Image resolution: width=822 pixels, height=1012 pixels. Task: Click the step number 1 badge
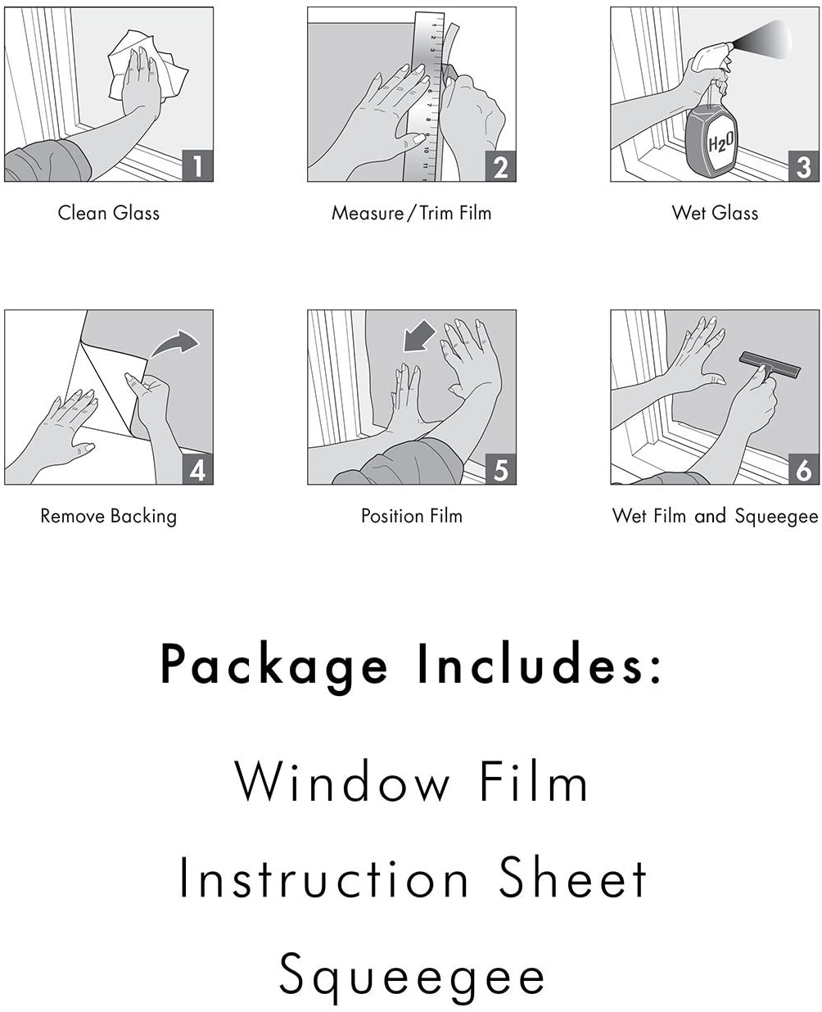tap(197, 166)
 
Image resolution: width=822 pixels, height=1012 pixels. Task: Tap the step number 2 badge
tap(500, 166)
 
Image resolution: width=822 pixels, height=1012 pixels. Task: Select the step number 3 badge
tap(803, 166)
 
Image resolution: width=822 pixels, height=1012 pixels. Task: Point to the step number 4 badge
tap(197, 469)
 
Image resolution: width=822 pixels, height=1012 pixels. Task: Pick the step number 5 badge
tap(500, 469)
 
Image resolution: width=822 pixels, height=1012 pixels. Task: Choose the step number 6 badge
tap(803, 469)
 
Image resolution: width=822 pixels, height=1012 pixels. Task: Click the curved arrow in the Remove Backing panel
tap(174, 343)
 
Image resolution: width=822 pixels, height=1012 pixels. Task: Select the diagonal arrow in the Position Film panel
tap(418, 337)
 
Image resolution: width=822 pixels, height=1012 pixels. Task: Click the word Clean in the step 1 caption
tap(82, 212)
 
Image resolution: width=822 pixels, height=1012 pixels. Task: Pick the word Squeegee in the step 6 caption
tap(776, 517)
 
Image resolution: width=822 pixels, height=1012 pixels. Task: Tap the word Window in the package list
tap(342, 781)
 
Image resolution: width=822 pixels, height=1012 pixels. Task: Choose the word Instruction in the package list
tap(324, 878)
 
